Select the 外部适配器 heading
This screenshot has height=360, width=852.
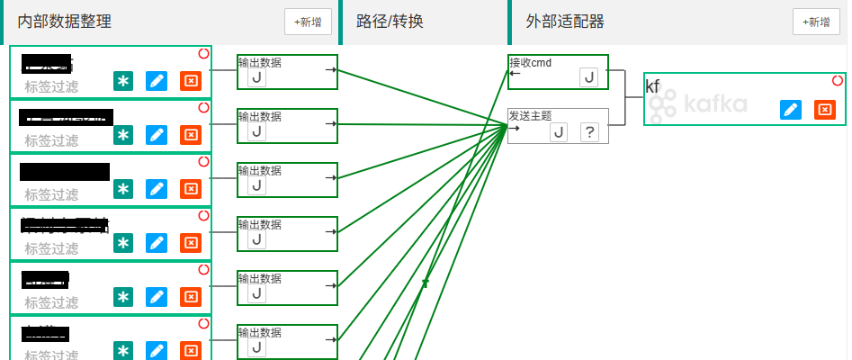(565, 22)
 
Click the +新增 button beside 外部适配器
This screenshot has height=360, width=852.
(816, 22)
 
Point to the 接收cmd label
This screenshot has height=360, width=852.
(530, 63)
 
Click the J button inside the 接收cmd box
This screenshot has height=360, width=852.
(588, 77)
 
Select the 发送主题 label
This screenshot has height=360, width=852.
(530, 116)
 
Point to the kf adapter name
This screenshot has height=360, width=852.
(652, 86)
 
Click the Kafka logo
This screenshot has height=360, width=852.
(698, 104)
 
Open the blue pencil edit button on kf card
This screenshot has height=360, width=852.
(791, 110)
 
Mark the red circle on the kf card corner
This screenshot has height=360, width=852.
(838, 81)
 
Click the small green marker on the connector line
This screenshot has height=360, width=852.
(426, 283)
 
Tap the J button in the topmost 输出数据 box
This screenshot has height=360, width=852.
(256, 77)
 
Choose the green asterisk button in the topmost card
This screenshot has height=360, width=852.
(123, 81)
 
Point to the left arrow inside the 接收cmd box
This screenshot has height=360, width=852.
(514, 74)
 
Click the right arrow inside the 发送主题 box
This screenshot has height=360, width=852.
(514, 128)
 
